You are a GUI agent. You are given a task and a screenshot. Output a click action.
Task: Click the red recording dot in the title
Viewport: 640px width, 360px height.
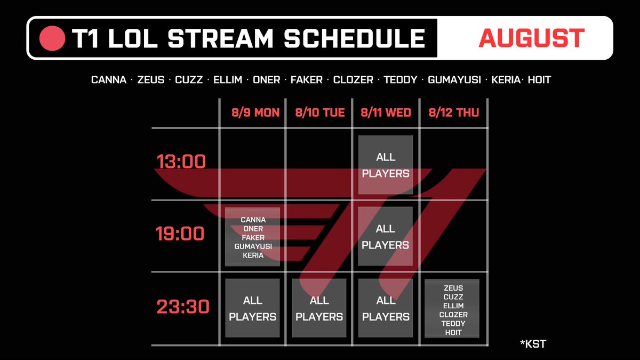(x=52, y=38)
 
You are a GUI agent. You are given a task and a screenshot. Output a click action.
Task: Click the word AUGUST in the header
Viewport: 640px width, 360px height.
(x=531, y=38)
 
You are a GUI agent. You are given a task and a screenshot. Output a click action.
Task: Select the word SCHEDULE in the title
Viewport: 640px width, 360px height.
(x=355, y=38)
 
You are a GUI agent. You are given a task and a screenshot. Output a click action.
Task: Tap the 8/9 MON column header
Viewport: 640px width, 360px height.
(x=255, y=113)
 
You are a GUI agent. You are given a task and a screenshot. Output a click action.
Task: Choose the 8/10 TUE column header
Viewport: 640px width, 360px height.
(x=319, y=113)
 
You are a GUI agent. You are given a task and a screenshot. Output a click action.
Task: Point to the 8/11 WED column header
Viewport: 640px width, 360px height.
(x=386, y=113)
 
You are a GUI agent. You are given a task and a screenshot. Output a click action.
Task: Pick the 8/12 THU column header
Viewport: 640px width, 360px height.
(x=454, y=113)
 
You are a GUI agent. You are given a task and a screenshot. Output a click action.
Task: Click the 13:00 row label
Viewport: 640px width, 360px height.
(x=181, y=162)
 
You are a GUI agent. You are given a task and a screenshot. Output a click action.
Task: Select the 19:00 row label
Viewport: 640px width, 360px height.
(x=180, y=234)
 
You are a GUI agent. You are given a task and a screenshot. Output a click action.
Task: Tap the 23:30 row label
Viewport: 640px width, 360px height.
(x=183, y=307)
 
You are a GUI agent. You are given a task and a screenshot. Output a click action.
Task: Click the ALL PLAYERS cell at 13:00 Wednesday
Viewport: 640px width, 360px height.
(x=386, y=165)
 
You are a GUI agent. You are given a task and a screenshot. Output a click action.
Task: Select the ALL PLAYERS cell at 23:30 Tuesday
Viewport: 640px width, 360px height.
(x=319, y=308)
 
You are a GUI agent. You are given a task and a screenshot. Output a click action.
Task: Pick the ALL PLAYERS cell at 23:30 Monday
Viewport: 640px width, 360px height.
(x=253, y=308)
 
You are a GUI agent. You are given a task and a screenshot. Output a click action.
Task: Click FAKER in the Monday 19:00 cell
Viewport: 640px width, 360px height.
(x=253, y=237)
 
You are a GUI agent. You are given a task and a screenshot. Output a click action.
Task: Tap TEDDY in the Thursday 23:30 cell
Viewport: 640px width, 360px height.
(x=453, y=323)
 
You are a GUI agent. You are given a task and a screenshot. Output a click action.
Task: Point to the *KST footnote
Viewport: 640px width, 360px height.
(x=533, y=343)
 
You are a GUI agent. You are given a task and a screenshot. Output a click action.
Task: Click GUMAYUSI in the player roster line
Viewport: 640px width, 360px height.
(x=454, y=79)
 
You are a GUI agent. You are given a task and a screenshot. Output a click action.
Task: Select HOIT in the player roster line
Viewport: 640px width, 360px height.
(x=539, y=79)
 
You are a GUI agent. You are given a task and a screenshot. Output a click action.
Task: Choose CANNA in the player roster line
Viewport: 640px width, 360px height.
(x=109, y=79)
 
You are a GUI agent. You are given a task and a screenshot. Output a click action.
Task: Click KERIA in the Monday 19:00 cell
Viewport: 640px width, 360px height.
(x=253, y=255)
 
